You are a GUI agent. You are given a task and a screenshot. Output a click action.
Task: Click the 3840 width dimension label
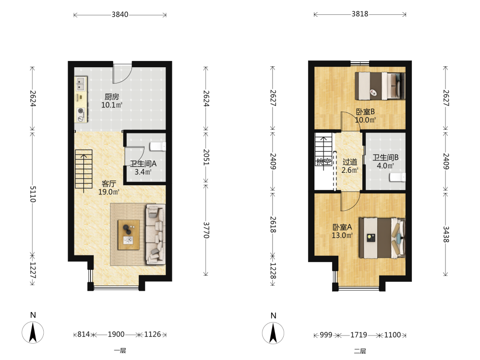tap(120, 14)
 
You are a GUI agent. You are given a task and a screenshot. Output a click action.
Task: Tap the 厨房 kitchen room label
tap(112, 97)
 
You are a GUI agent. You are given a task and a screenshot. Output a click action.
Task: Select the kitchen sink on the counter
tap(81, 84)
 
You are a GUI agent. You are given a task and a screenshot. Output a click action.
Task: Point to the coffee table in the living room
tap(129, 235)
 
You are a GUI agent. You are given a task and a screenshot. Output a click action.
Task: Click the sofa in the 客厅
tap(156, 234)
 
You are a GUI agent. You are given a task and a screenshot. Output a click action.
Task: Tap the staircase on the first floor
tap(84, 169)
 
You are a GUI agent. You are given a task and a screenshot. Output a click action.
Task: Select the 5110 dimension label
tap(33, 194)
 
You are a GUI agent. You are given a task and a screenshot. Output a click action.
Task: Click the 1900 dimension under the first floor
tap(116, 334)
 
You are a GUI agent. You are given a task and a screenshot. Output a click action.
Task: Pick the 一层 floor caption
tap(120, 350)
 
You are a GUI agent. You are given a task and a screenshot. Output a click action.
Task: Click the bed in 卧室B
tap(380, 86)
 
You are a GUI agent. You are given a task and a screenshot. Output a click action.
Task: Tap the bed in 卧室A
tap(382, 238)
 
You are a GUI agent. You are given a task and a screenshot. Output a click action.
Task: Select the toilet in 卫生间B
tap(397, 177)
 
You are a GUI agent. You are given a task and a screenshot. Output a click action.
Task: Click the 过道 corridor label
tap(350, 162)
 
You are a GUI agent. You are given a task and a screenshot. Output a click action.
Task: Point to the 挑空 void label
tap(324, 161)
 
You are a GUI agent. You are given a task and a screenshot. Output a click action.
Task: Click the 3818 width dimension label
tap(360, 14)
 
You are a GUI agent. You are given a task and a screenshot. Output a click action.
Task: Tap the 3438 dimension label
tap(446, 234)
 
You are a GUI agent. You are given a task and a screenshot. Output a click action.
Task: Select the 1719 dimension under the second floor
tap(359, 335)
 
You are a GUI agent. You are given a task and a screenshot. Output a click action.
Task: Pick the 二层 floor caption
tap(360, 351)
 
